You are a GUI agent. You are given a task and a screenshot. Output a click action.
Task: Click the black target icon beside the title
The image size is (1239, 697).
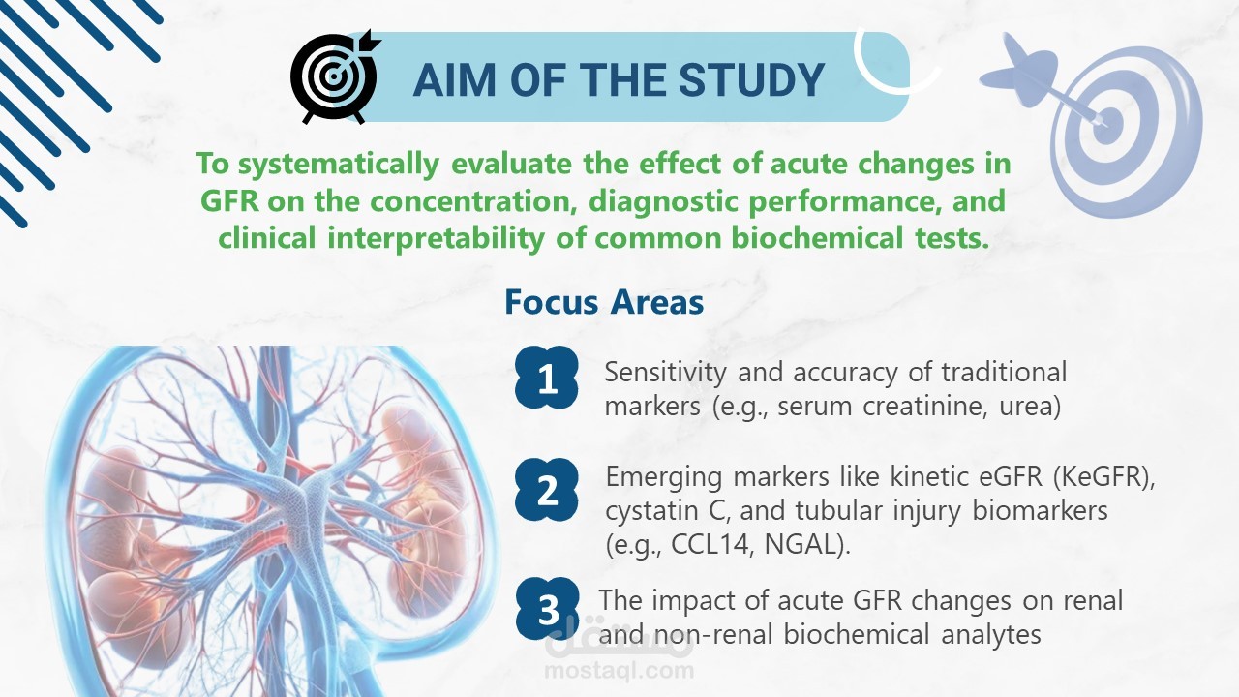pyautogui.click(x=335, y=76)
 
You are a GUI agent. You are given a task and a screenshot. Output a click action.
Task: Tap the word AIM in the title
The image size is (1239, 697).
pyautogui.click(x=454, y=80)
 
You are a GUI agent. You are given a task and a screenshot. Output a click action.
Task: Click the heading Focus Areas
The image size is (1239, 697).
pyautogui.click(x=604, y=302)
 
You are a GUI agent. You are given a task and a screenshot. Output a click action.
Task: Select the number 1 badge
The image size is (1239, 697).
pyautogui.click(x=547, y=378)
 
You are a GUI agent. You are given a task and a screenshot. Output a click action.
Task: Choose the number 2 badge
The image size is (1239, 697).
pyautogui.click(x=547, y=490)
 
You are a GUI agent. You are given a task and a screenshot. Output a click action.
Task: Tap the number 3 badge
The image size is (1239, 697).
pyautogui.click(x=548, y=609)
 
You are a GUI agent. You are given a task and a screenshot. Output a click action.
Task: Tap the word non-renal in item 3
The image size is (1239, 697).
pyautogui.click(x=712, y=634)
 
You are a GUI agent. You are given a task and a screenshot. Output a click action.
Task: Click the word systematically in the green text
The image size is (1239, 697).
pyautogui.click(x=339, y=165)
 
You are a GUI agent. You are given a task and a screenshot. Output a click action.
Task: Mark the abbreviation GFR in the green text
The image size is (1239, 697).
pyautogui.click(x=229, y=200)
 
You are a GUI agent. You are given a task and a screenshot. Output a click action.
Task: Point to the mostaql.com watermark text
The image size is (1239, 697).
pyautogui.click(x=619, y=671)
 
